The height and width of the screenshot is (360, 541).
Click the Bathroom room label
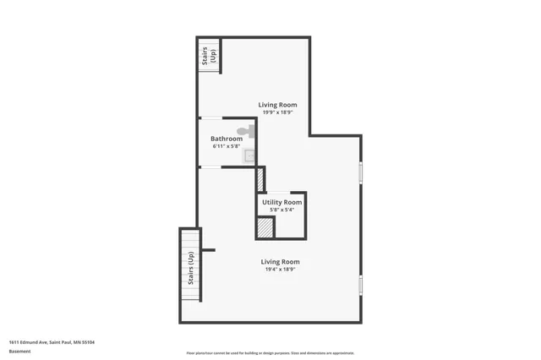[227, 139]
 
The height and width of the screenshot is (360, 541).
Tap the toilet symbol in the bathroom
[244, 131]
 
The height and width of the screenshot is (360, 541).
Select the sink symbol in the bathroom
[250, 155]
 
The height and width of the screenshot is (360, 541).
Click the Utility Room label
[281, 203]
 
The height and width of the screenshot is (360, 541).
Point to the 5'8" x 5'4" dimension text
[281, 210]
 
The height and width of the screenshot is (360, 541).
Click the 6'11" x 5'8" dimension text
[227, 146]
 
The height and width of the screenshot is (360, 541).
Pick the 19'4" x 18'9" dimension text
[280, 270]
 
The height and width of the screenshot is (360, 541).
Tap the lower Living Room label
[280, 262]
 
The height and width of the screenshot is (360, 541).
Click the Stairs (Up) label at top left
[209, 55]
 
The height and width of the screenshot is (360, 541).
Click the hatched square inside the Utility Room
[265, 228]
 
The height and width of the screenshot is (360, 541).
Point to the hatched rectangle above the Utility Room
[260, 180]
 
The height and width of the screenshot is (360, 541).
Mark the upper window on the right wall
[360, 172]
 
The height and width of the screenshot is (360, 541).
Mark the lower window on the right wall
[360, 285]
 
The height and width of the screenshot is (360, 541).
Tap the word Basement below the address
[19, 352]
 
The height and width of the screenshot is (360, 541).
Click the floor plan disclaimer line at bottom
[270, 353]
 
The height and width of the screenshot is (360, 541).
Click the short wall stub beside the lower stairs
[208, 250]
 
